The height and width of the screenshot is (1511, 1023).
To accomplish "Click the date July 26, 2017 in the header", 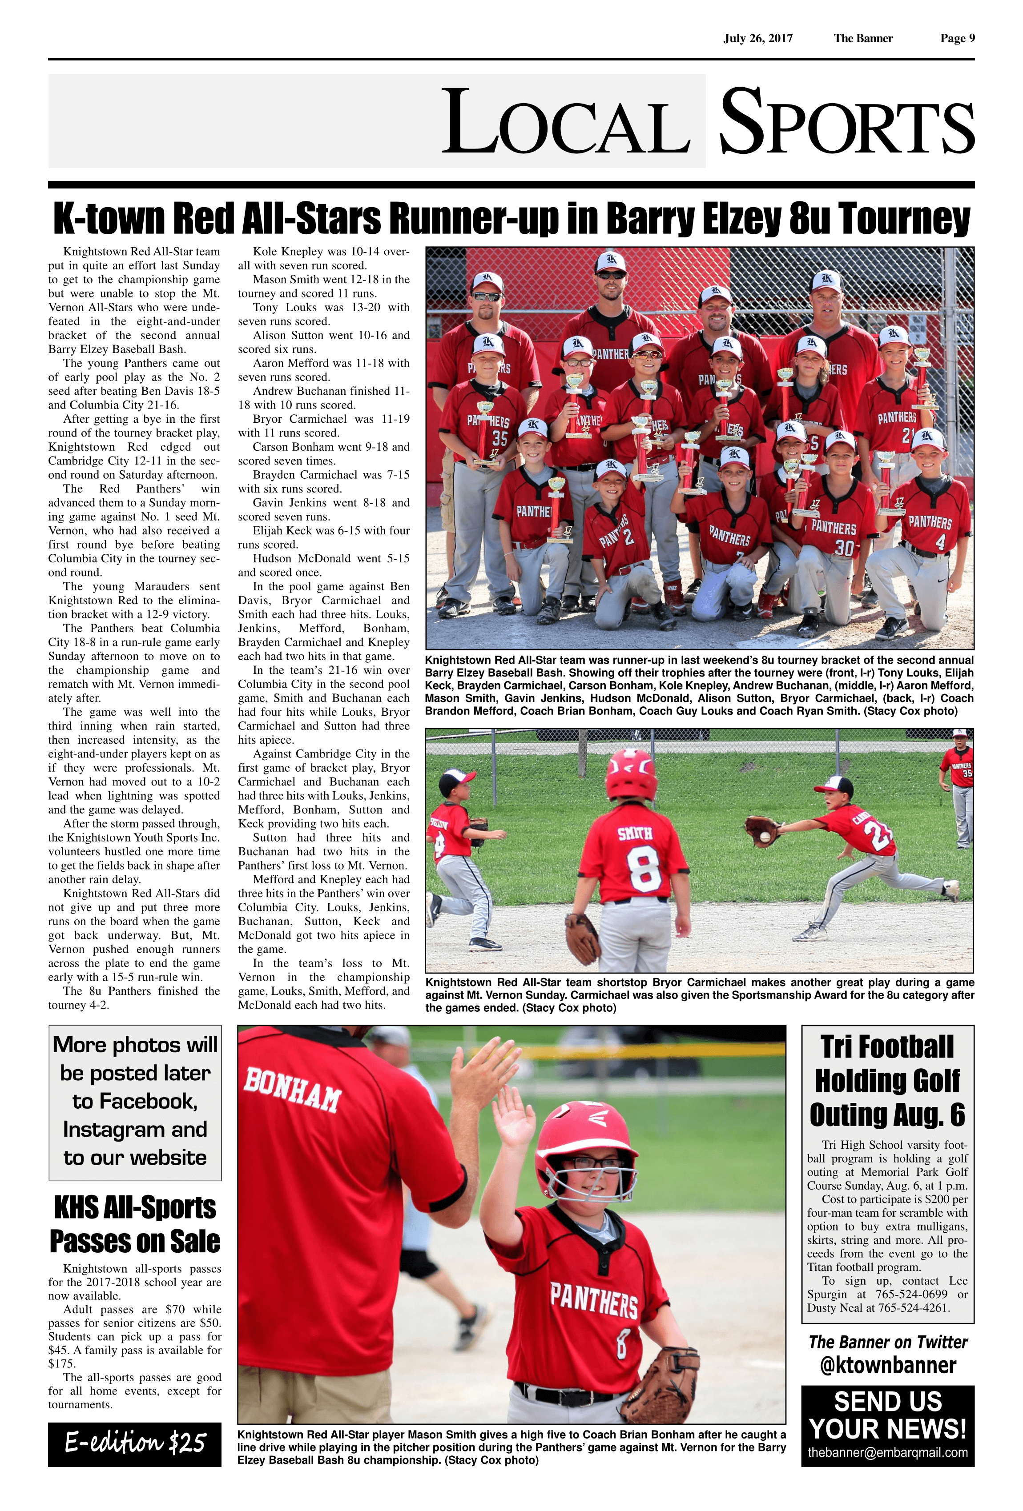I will click(x=757, y=38).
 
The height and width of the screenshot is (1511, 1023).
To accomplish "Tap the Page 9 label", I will click(x=957, y=38).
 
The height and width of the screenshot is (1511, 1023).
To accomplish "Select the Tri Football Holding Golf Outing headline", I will click(x=888, y=1081).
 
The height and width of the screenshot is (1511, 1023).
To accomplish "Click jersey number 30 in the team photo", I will click(x=844, y=548).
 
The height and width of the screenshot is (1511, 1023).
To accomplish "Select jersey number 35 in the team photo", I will click(x=499, y=438).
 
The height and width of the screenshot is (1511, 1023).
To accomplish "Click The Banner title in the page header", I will click(x=863, y=38).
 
